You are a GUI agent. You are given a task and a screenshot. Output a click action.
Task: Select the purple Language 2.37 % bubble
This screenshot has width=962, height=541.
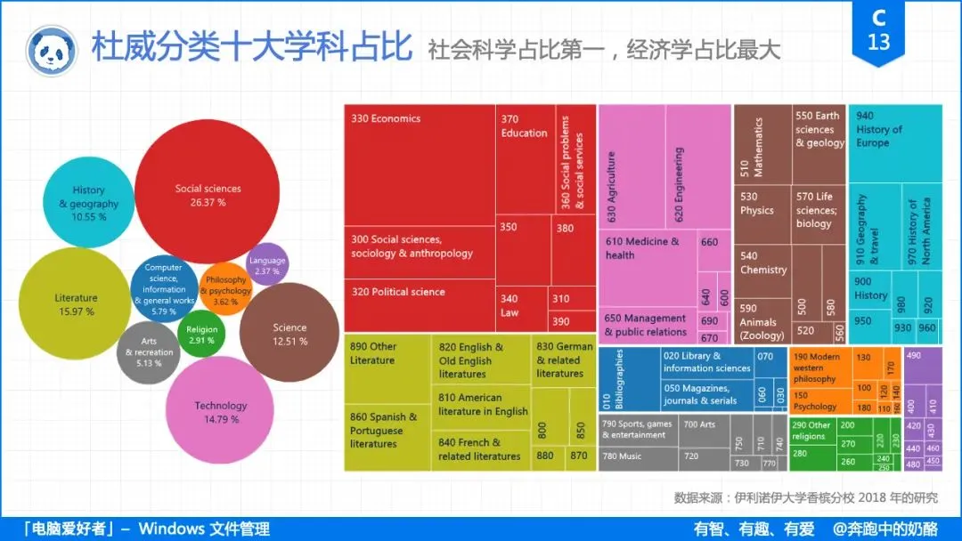point(267,264)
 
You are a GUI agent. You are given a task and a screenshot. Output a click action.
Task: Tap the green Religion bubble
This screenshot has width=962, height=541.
point(201,335)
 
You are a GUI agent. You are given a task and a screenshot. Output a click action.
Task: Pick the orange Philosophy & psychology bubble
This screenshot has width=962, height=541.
point(226,288)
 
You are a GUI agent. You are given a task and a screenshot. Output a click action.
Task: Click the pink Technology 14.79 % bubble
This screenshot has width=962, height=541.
point(220,411)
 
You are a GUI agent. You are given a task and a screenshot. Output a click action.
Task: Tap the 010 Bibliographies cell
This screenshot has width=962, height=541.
point(627,378)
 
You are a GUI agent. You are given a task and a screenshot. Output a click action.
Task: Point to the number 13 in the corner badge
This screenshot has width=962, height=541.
point(878,43)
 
